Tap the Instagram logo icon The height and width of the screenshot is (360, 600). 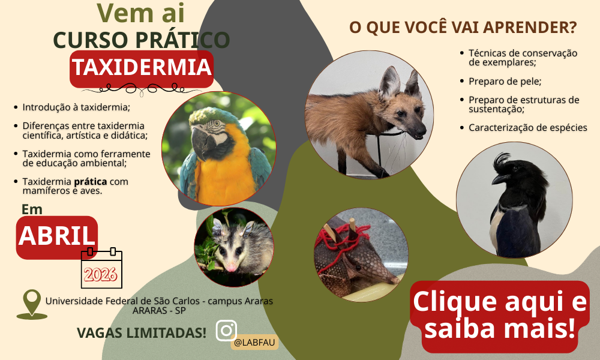226,331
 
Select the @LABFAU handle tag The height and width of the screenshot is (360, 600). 254,343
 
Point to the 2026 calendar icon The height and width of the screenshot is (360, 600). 101,268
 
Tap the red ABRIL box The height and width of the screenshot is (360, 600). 57,236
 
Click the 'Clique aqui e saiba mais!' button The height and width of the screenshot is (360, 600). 499,316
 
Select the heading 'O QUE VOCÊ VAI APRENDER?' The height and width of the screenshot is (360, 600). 463,28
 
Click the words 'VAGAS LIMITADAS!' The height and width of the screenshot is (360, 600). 142,332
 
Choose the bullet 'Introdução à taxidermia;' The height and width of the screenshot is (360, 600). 76,107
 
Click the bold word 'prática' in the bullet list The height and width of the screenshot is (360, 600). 90,181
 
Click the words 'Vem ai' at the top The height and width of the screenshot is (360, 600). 141,13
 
